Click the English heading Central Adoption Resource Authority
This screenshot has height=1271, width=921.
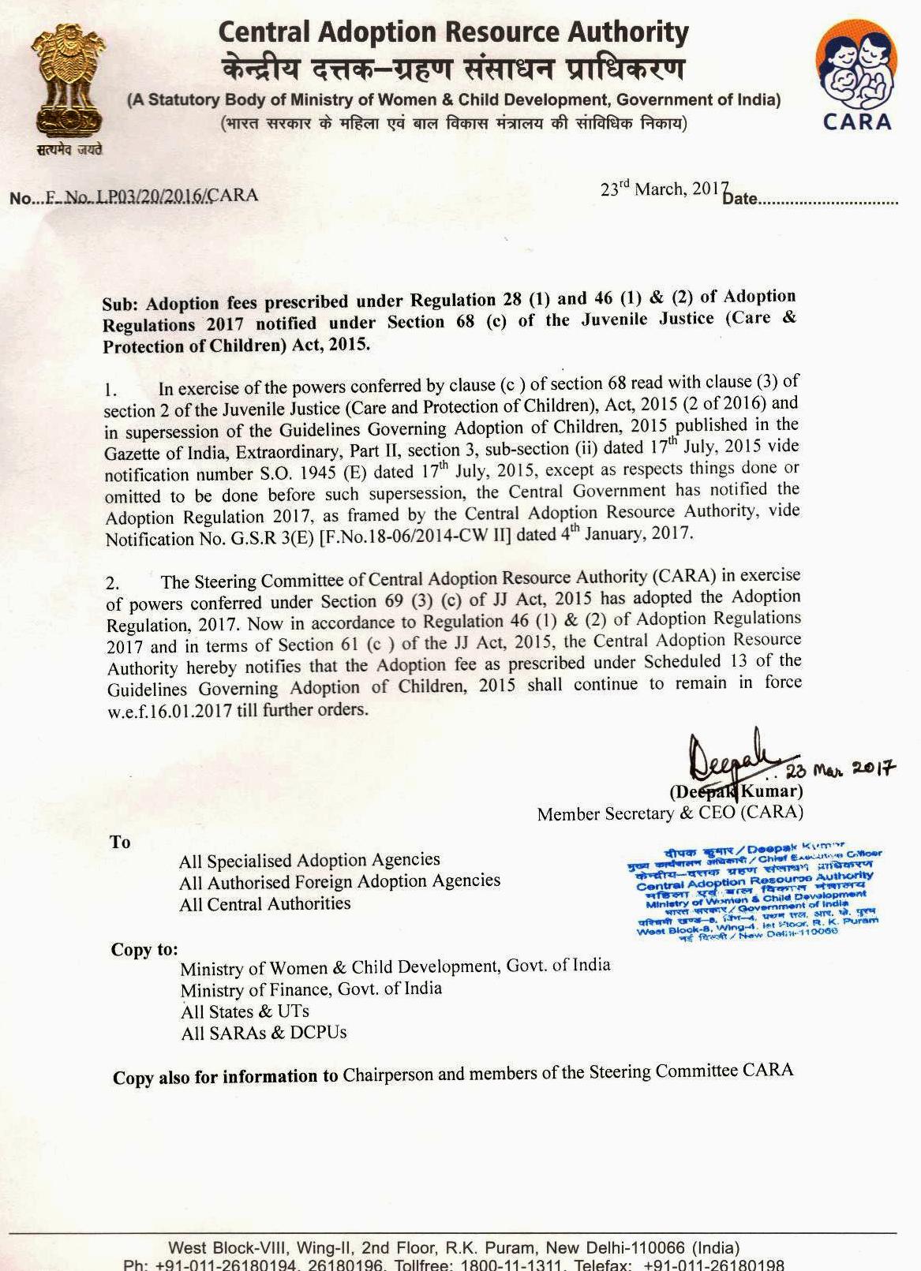pyautogui.click(x=453, y=32)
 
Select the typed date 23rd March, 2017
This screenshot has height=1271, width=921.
pyautogui.click(x=664, y=189)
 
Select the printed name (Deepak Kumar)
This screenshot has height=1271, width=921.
pyautogui.click(x=736, y=791)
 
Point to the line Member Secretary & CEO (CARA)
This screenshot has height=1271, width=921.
pyautogui.click(x=669, y=813)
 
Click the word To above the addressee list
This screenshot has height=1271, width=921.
pyautogui.click(x=120, y=842)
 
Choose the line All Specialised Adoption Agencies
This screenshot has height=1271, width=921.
pyautogui.click(x=309, y=861)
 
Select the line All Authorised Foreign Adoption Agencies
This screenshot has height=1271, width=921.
pyautogui.click(x=339, y=882)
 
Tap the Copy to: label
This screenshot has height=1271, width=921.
pyautogui.click(x=144, y=949)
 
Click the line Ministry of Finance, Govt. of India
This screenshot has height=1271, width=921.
pyautogui.click(x=311, y=989)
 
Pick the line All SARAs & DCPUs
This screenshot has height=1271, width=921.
pyautogui.click(x=264, y=1033)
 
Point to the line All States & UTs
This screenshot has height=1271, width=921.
pyautogui.click(x=245, y=1011)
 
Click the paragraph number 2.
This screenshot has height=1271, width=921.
pyautogui.click(x=112, y=584)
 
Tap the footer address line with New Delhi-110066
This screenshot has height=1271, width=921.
pyautogui.click(x=454, y=1249)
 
